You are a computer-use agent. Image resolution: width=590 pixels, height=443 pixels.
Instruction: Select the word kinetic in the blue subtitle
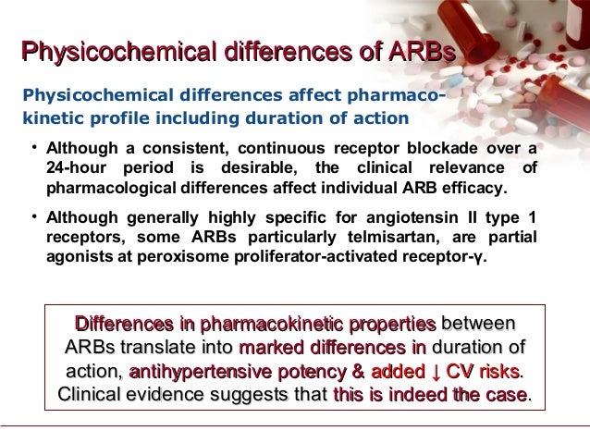[51, 117]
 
